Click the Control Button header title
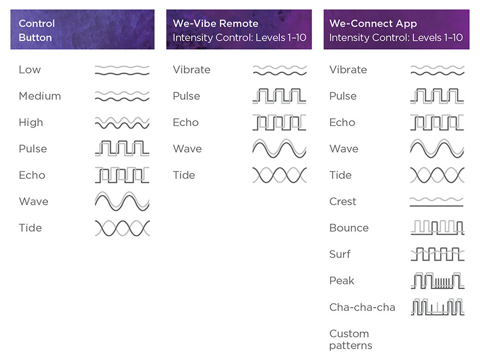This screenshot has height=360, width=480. [x=37, y=31]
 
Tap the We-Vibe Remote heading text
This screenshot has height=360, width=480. [x=215, y=23]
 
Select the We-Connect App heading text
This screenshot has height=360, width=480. [x=373, y=23]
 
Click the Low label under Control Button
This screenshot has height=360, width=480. [x=29, y=69]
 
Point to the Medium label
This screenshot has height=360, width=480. [x=40, y=96]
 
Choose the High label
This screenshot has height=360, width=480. [x=31, y=122]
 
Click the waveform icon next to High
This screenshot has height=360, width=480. [x=122, y=123]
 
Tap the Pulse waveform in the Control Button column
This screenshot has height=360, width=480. [x=122, y=148]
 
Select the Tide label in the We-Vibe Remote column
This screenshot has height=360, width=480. [x=184, y=175]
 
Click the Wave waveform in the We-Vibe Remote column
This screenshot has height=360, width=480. [x=279, y=148]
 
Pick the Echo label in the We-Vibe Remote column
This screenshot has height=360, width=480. [x=186, y=122]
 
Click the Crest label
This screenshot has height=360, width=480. [x=343, y=201]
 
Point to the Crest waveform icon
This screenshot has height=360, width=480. [x=436, y=202]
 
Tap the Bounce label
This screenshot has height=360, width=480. [x=349, y=228]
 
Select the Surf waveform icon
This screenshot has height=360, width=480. [x=437, y=254]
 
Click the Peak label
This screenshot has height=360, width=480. [x=341, y=280]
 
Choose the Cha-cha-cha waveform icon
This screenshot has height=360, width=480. [x=438, y=307]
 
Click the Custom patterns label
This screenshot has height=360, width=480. [x=351, y=339]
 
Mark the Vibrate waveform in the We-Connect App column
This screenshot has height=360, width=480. [x=437, y=70]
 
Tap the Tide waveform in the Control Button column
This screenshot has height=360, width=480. [x=122, y=228]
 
